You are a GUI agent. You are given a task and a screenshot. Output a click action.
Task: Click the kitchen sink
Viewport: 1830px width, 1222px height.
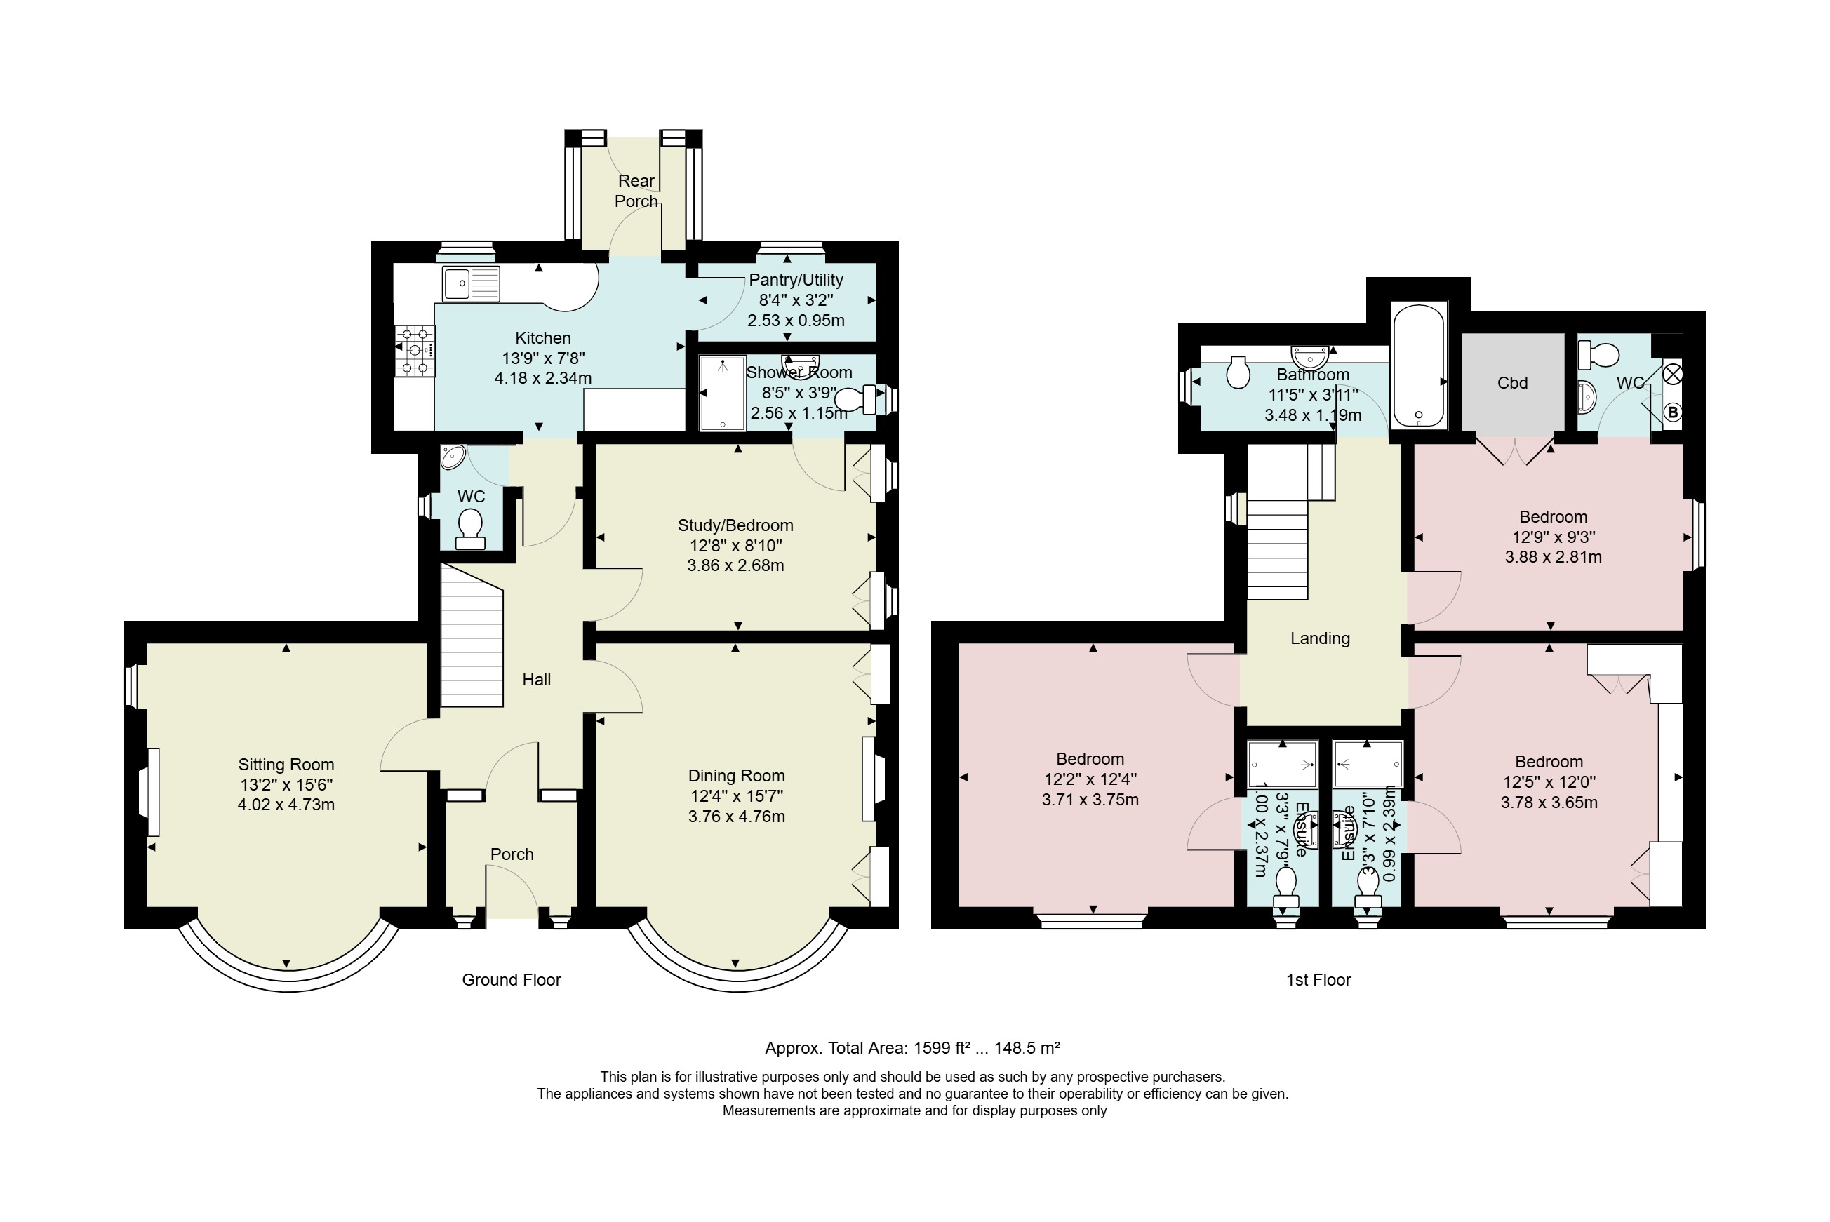pos(471,283)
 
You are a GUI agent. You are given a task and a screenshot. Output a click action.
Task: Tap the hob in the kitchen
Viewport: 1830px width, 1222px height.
pos(415,351)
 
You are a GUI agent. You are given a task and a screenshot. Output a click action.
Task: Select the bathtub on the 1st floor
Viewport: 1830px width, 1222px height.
pos(1419,365)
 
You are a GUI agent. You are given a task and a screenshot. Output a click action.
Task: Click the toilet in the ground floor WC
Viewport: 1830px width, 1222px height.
pos(470,529)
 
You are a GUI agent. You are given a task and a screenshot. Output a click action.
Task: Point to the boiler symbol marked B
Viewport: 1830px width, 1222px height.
pos(1673,413)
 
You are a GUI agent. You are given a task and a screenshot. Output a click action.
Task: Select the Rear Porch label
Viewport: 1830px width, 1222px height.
pos(636,191)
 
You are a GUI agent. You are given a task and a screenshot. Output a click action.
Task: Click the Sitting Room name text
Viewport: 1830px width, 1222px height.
pos(286,765)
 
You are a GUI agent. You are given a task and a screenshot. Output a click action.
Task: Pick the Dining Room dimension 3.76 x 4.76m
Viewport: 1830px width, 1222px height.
pos(737,817)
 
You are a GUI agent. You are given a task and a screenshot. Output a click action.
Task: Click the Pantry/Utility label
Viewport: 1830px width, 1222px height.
pos(796,280)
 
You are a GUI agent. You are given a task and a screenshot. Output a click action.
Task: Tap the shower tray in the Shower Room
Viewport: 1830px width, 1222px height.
pos(723,393)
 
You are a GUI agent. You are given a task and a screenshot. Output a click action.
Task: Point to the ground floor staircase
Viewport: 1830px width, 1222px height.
pos(472,637)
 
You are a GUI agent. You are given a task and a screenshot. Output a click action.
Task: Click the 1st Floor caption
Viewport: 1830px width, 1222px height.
pos(1318,979)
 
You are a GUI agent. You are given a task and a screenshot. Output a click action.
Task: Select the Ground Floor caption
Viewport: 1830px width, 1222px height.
pos(512,979)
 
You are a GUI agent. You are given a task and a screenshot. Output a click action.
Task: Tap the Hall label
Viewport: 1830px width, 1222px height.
pos(536,680)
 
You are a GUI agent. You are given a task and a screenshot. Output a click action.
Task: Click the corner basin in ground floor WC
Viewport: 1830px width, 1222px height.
pos(452,457)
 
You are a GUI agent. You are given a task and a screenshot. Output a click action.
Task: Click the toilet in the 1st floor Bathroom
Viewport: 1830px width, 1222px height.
pos(1238,372)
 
